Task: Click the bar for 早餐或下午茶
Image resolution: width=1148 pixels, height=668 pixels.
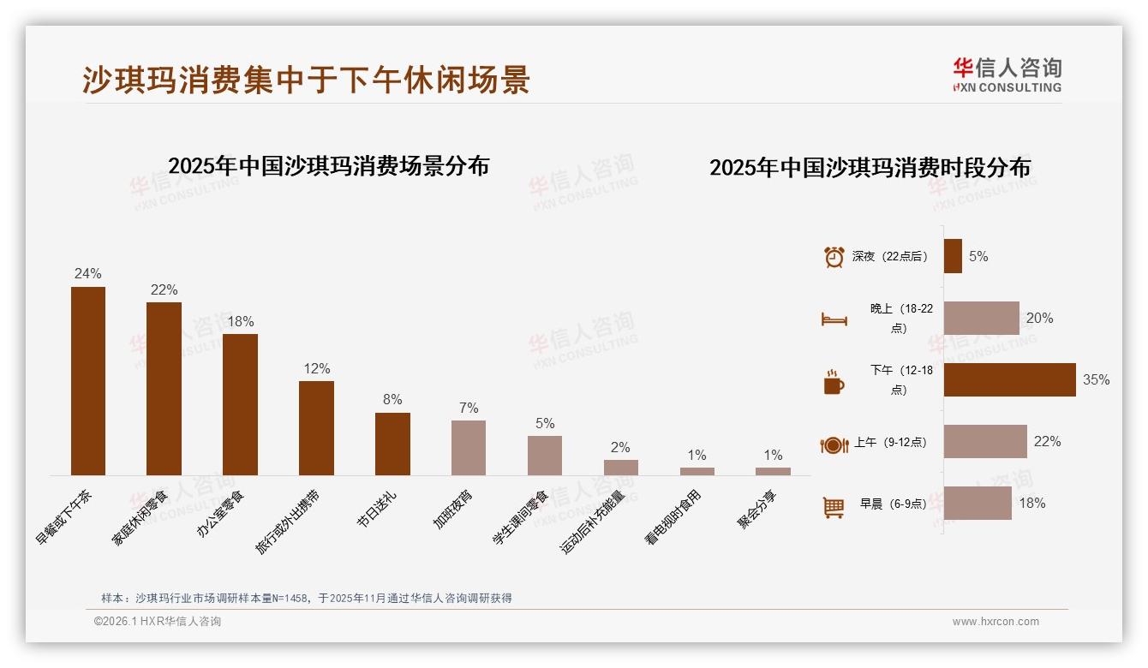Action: pos(88,380)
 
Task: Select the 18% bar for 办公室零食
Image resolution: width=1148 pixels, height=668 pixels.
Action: pos(240,404)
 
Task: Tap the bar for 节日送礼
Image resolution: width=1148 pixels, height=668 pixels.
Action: pos(392,444)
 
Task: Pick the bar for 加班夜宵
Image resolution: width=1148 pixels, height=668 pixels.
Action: pos(469,447)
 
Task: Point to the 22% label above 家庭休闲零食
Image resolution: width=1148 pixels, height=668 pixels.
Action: pos(164,289)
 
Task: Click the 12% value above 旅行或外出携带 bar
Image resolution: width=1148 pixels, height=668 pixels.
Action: pos(316,368)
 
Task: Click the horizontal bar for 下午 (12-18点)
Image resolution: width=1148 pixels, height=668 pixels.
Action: pos(1009,379)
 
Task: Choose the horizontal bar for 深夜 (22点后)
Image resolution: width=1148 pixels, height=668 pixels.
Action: pos(953,256)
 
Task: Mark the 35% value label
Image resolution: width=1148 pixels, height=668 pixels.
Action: pos(1096,379)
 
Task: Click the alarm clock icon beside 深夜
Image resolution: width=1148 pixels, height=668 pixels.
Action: pos(834,257)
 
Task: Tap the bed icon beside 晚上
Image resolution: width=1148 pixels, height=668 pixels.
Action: pos(834,319)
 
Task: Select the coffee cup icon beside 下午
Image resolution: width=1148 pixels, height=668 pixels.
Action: pos(834,382)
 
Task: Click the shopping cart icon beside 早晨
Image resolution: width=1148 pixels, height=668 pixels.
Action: pos(834,507)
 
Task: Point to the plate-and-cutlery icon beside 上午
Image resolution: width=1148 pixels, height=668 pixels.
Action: pos(834,444)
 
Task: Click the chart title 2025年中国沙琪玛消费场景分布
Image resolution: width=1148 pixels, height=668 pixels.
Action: pos(328,165)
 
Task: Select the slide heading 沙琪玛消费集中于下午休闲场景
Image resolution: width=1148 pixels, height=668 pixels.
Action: pos(306,79)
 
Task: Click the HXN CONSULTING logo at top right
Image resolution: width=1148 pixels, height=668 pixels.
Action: pos(1007,75)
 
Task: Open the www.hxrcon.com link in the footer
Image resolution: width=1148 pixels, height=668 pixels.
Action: pos(996,622)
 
